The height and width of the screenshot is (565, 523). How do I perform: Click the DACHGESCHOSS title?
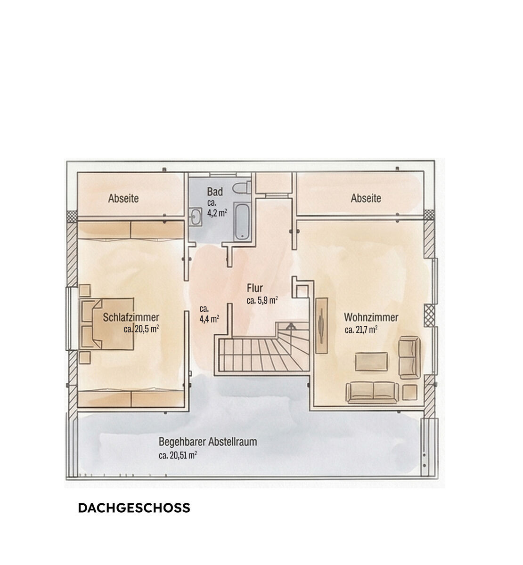[134, 508]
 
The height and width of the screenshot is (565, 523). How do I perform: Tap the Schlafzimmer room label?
[131, 317]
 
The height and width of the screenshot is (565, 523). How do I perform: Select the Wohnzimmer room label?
[371, 317]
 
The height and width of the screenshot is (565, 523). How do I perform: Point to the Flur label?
[254, 288]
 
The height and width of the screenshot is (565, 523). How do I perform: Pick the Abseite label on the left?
[123, 198]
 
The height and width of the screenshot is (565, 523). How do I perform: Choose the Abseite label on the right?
[366, 198]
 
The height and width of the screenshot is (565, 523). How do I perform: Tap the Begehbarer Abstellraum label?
[208, 442]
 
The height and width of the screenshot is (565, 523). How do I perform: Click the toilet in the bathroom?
[242, 187]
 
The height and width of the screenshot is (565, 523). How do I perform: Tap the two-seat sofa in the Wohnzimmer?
[372, 392]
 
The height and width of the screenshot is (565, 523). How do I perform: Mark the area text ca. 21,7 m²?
[360, 330]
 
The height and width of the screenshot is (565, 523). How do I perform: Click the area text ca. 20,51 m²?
[178, 455]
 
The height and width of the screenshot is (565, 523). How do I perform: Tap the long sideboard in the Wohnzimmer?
[321, 325]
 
